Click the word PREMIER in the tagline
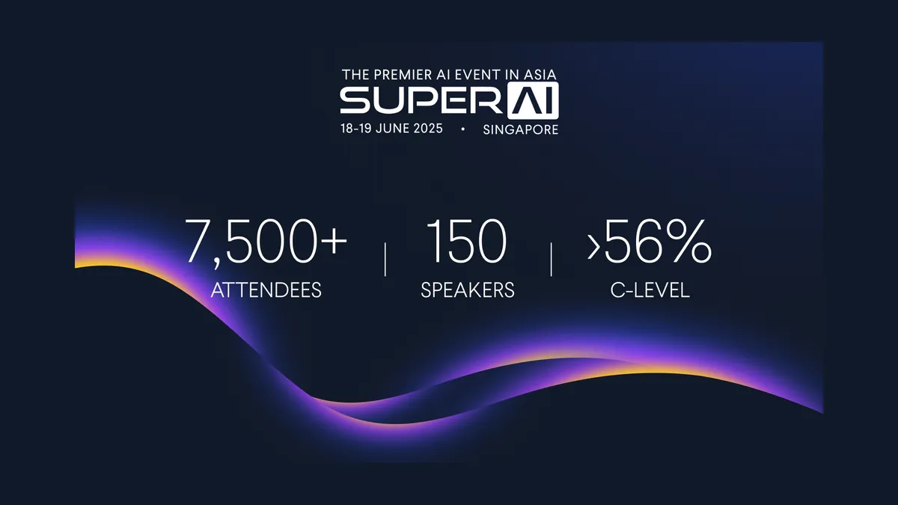pyautogui.click(x=397, y=75)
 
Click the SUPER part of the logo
pyautogui.click(x=421, y=99)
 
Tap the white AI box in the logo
pyautogui.click(x=533, y=100)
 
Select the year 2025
pyautogui.click(x=428, y=129)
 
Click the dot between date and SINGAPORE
pyautogui.click(x=463, y=129)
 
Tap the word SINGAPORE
pyautogui.click(x=520, y=129)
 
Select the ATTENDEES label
pyautogui.click(x=266, y=290)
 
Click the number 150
pyautogui.click(x=467, y=241)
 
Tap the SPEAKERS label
pyautogui.click(x=468, y=290)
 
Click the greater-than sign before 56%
pyautogui.click(x=593, y=247)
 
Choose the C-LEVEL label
pyautogui.click(x=650, y=290)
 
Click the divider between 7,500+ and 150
pyautogui.click(x=385, y=260)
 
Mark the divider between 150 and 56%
pyautogui.click(x=552, y=260)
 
